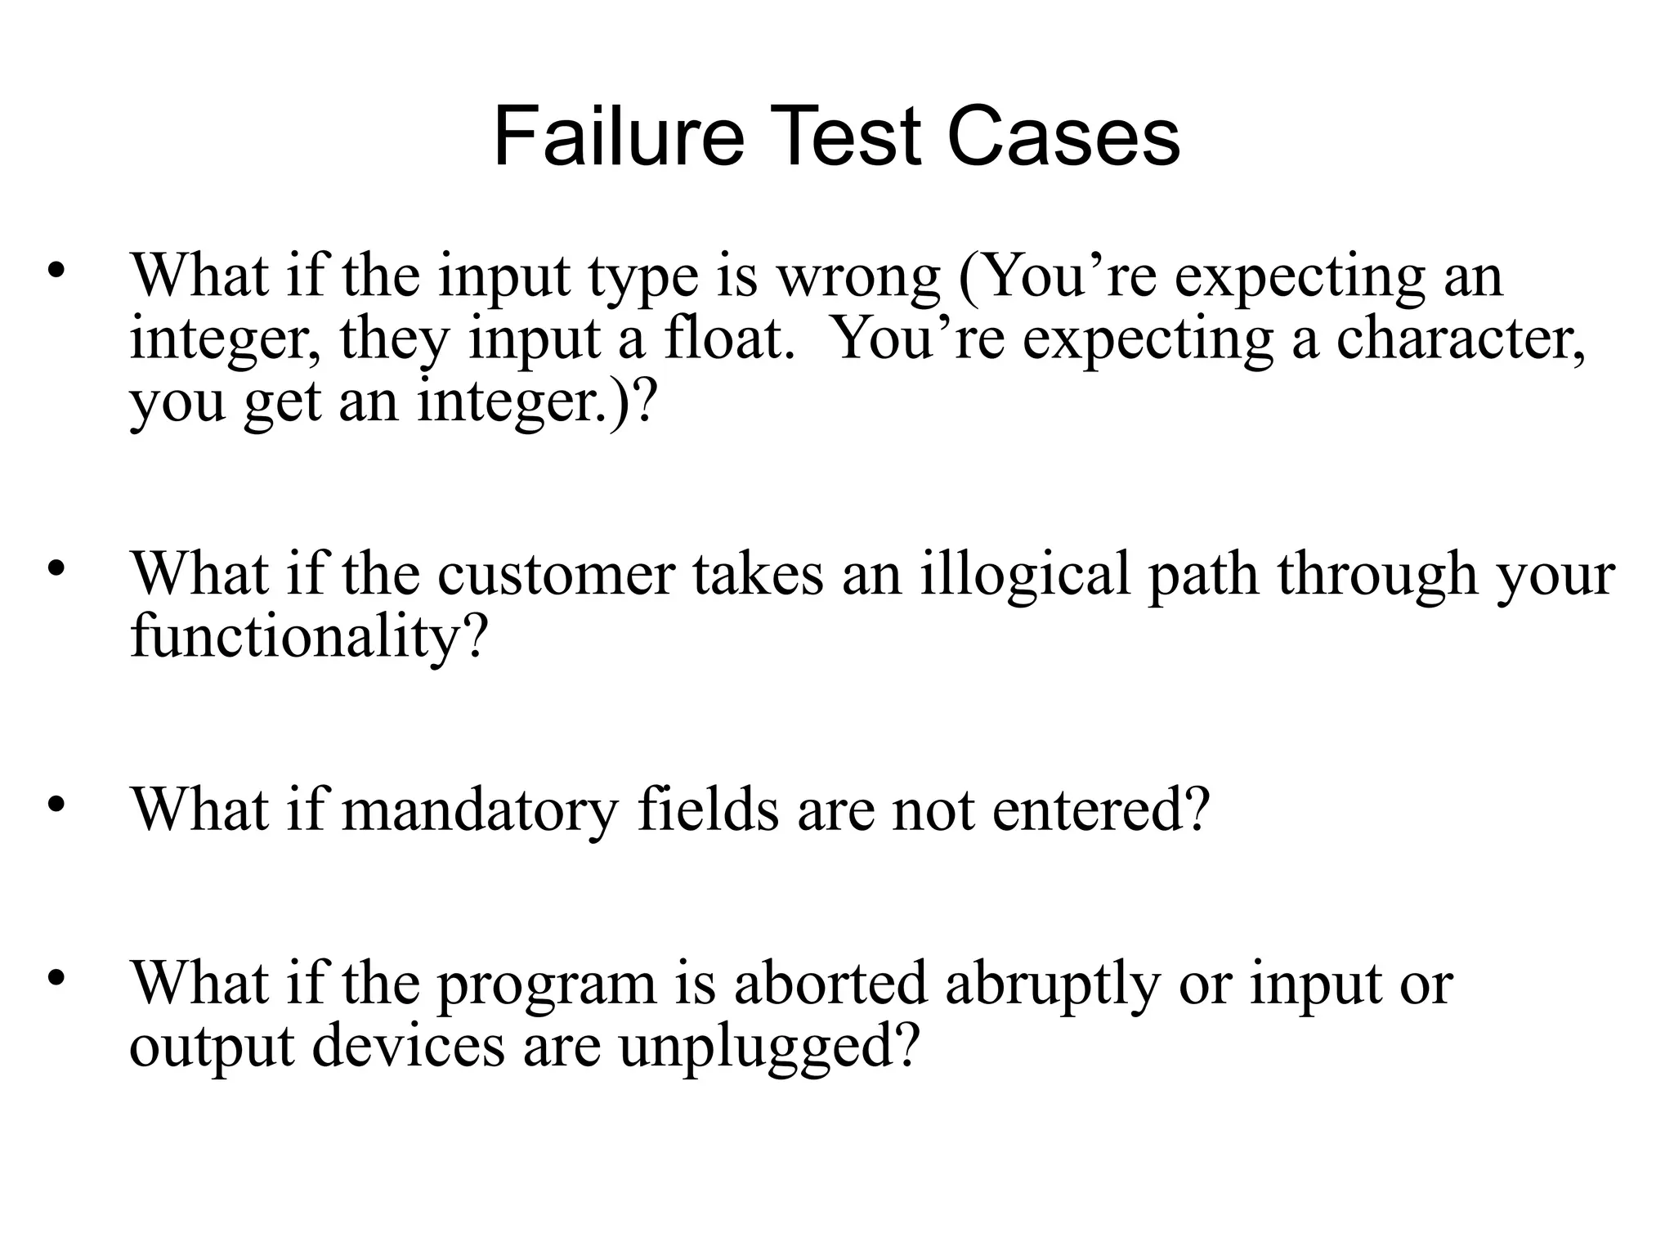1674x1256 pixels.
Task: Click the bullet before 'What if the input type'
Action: click(x=56, y=271)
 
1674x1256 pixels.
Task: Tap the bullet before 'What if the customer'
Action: click(x=56, y=568)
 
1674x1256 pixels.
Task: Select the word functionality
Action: click(x=307, y=637)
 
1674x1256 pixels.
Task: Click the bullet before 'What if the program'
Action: click(x=56, y=977)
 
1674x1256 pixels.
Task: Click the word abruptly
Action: click(x=1053, y=985)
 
